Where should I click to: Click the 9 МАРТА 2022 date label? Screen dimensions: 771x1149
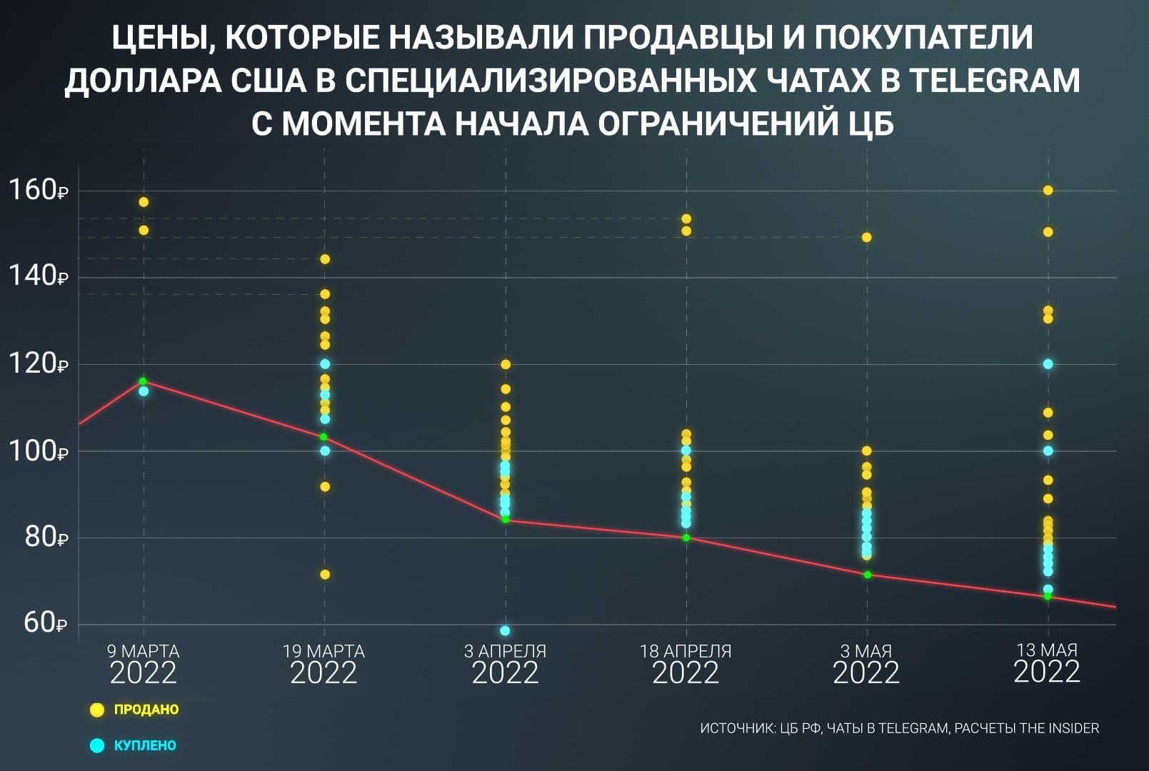coord(143,664)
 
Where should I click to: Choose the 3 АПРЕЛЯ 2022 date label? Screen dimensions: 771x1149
coord(505,664)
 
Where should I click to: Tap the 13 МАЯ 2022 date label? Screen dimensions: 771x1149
coord(1047,663)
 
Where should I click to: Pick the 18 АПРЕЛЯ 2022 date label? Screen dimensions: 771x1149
coord(686,664)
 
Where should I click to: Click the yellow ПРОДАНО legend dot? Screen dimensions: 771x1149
coord(97,710)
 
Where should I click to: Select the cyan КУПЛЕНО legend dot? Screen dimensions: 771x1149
coord(97,745)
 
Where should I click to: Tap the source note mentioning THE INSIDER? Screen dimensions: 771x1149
coord(899,728)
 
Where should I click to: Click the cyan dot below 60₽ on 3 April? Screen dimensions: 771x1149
coord(505,630)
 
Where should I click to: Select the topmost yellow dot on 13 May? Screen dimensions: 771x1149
coord(1048,190)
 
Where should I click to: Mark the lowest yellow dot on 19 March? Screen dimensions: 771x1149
coord(325,575)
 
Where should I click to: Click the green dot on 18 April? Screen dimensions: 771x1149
coord(686,538)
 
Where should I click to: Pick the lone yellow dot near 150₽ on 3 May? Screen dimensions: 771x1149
coord(867,237)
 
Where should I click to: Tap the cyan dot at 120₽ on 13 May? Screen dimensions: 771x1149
coord(1048,364)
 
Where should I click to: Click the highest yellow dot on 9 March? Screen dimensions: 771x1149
coord(144,202)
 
